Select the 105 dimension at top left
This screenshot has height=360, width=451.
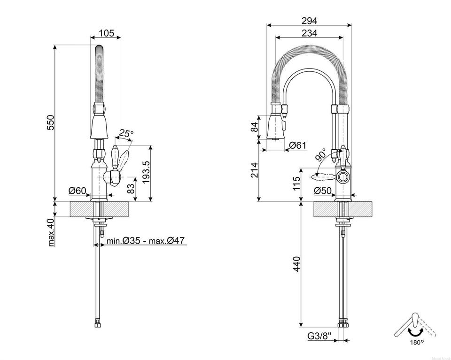tap(107, 33)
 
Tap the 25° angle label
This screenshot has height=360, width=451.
tap(126, 133)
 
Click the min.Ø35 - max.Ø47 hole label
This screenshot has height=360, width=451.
tap(145, 241)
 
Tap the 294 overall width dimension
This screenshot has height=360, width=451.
tap(310, 21)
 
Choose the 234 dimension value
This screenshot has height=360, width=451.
tap(309, 33)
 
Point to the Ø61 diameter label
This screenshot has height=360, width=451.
tap(297, 145)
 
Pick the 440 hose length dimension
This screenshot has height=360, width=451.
tap(295, 266)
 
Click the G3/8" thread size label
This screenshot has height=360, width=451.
tap(320, 336)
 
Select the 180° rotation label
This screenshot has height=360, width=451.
tap(416, 342)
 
